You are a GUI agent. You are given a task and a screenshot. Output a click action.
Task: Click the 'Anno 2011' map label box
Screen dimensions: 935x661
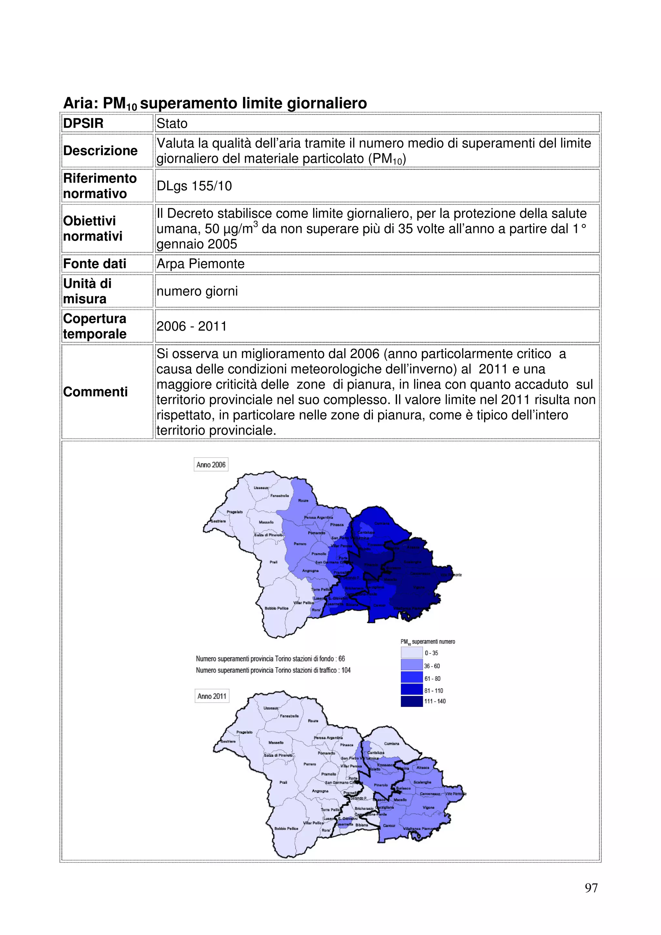[x=212, y=696]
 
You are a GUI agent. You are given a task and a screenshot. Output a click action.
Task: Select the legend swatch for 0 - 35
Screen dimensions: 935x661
[x=412, y=653]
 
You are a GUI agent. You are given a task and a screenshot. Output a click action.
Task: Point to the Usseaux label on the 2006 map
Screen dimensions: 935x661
[x=261, y=488]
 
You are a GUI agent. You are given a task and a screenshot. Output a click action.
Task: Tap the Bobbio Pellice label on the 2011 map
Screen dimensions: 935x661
[x=286, y=828]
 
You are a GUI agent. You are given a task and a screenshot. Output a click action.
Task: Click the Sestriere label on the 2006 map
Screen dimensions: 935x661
[x=218, y=521]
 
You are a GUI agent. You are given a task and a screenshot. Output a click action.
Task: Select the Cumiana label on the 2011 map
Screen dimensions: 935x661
[x=392, y=744]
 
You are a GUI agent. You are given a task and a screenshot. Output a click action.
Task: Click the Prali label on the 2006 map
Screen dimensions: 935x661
[x=273, y=562]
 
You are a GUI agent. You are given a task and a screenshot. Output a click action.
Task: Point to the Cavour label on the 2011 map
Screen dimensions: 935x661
[x=389, y=825]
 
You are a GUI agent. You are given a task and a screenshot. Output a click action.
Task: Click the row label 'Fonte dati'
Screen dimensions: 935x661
[x=95, y=264]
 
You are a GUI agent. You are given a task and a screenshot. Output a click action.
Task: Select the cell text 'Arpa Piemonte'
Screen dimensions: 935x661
[x=200, y=264]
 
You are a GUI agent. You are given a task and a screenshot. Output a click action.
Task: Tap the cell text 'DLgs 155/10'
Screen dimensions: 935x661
[x=194, y=186]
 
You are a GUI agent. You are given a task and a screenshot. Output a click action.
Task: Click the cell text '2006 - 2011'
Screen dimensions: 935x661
[x=191, y=326]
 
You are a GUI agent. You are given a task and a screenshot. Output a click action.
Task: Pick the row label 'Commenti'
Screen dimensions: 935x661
[x=95, y=392]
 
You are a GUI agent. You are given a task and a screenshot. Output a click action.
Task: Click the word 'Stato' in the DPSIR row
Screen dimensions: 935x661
[x=172, y=123]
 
